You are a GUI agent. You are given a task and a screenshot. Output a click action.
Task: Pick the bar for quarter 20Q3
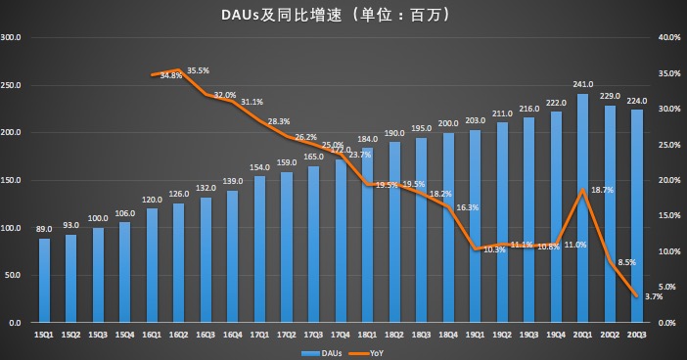tap(636, 216)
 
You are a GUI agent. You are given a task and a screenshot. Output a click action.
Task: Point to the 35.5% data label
tap(199, 70)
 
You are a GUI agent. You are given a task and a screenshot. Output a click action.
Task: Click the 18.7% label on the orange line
tap(601, 191)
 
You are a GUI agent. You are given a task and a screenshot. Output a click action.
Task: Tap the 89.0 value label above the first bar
tap(44, 230)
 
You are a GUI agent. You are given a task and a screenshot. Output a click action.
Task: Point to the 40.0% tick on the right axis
tap(668, 38)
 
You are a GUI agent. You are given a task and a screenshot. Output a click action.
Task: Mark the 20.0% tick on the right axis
tap(668, 181)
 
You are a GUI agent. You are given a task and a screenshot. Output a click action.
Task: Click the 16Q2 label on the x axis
tap(179, 335)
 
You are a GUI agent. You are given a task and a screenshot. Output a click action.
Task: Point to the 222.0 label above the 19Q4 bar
tap(556, 103)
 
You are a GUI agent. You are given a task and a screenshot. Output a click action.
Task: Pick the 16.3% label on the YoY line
tap(468, 208)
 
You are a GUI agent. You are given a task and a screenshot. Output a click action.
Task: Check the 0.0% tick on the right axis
tap(670, 323)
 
